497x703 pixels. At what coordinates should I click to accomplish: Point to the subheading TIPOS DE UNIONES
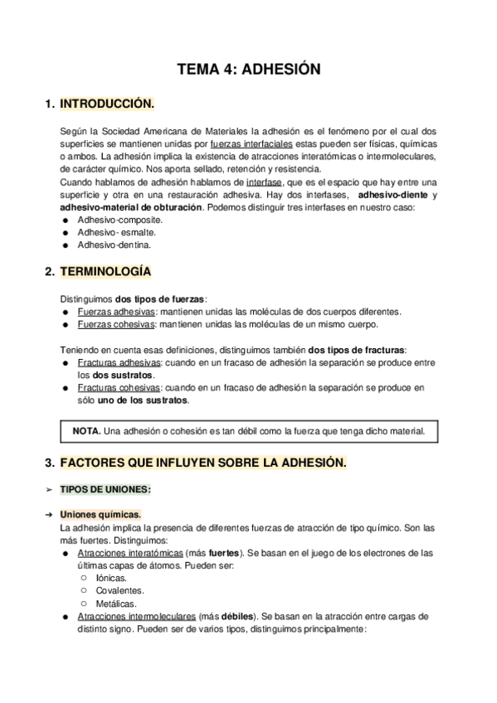(112, 490)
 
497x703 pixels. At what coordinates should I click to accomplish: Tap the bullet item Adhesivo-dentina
(115, 245)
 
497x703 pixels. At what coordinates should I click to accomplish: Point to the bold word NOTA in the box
(87, 431)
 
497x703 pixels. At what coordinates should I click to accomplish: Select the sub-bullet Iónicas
(111, 578)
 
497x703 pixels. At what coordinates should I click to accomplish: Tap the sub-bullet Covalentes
(119, 590)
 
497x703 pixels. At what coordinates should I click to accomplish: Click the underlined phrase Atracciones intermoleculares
(137, 616)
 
